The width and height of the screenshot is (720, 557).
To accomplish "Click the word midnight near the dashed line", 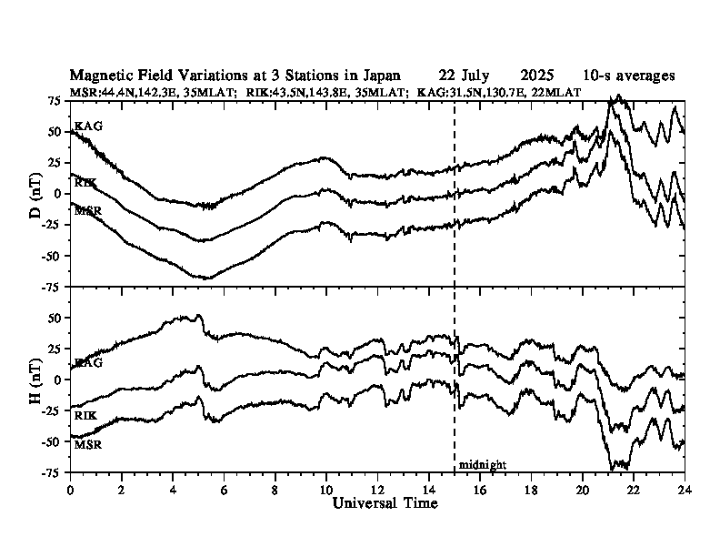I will click(x=482, y=464).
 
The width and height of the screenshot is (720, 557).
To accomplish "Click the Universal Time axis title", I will click(x=385, y=502).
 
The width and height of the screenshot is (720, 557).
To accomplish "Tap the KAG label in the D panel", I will click(x=88, y=126).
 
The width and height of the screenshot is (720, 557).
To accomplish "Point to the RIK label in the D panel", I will click(x=86, y=183).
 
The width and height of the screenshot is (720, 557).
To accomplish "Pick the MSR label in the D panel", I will click(x=88, y=211).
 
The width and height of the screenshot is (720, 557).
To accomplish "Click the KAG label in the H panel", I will click(x=88, y=363).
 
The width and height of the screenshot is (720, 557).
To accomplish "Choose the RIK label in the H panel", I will click(x=86, y=415).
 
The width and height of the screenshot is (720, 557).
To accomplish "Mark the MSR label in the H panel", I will click(x=88, y=445).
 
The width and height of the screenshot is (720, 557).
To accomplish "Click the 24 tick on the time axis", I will click(x=685, y=489).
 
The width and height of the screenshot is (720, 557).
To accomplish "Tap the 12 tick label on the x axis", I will click(x=377, y=489).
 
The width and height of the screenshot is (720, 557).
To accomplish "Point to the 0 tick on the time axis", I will click(x=71, y=489).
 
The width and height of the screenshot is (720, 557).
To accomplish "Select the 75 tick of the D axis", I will click(x=55, y=100).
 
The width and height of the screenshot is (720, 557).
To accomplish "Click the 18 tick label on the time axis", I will click(x=531, y=489).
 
